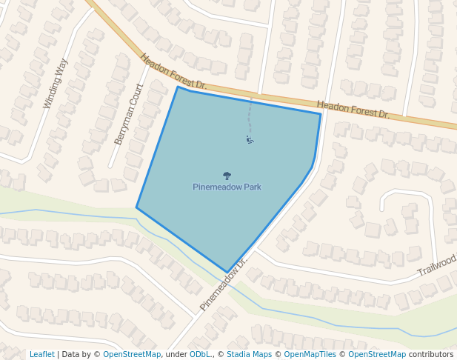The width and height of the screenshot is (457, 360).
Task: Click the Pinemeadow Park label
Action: tap(227, 187)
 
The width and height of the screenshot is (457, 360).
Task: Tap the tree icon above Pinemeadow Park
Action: tap(227, 176)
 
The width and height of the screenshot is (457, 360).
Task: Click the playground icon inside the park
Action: tap(250, 139)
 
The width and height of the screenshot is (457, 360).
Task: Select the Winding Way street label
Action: tap(56, 84)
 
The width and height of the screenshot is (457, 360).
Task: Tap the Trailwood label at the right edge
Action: tap(437, 266)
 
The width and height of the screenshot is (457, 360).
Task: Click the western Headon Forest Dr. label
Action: tap(173, 73)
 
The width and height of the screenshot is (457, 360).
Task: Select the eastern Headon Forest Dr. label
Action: tap(353, 110)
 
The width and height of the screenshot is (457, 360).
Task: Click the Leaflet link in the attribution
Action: tap(42, 354)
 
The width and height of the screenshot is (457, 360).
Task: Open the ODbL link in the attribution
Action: tap(200, 354)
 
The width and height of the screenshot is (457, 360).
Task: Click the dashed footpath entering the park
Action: tap(250, 115)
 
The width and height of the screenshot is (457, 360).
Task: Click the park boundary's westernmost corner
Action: tap(136, 207)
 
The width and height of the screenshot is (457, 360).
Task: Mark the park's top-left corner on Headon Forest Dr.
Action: tap(178, 87)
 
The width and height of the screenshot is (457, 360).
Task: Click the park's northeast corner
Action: tap(321, 113)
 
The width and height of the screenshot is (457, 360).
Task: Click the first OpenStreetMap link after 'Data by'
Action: tap(132, 354)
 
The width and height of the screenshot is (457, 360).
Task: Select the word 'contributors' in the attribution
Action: tap(431, 354)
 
